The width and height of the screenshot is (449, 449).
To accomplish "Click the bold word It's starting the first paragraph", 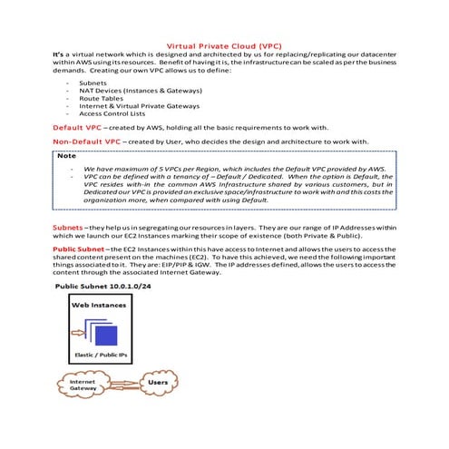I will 59,55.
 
